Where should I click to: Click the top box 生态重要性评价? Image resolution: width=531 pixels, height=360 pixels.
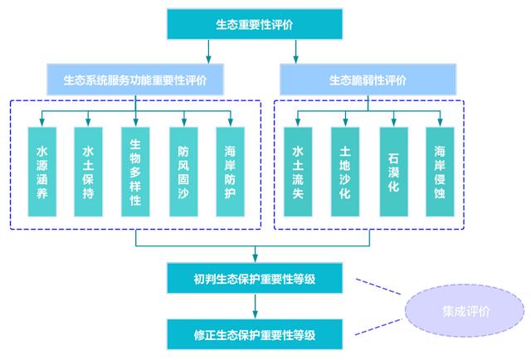click(255, 24)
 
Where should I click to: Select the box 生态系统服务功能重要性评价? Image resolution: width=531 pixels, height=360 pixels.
click(135, 80)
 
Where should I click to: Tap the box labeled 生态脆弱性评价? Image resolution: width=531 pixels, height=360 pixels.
click(368, 80)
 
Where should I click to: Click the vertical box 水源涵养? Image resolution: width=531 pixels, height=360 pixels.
click(42, 172)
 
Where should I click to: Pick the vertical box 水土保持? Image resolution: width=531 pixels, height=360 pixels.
click(88, 172)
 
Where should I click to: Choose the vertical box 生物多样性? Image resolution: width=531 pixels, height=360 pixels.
click(135, 172)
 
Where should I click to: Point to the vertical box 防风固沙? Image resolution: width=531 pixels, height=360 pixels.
click(183, 172)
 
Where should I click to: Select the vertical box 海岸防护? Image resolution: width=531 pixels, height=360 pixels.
click(231, 172)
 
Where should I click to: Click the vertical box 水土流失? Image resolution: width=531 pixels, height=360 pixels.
click(298, 172)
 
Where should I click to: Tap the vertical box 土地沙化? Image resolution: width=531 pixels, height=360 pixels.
click(345, 172)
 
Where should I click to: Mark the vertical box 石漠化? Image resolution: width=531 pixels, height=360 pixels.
click(394, 172)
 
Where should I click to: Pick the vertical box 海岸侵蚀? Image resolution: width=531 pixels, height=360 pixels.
click(440, 172)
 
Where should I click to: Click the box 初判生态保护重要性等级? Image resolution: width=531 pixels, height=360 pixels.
click(255, 278)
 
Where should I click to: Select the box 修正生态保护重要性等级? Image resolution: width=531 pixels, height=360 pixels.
click(255, 334)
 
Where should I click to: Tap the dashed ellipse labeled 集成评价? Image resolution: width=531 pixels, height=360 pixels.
click(465, 310)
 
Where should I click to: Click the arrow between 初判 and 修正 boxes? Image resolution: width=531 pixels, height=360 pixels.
click(255, 306)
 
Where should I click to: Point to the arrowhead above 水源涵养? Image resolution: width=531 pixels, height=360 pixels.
click(42, 122)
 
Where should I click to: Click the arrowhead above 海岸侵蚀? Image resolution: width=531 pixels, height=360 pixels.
click(440, 122)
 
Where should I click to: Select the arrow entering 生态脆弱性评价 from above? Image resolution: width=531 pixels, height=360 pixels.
click(295, 51)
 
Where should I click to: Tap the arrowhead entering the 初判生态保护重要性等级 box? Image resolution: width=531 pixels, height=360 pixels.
click(255, 259)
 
